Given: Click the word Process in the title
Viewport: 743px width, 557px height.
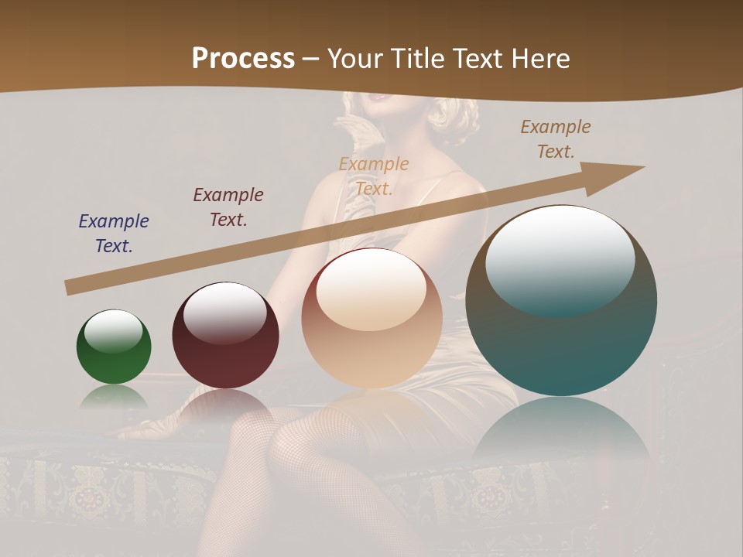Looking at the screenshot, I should point(243,59).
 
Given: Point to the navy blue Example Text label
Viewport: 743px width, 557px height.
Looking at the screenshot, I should point(114,233).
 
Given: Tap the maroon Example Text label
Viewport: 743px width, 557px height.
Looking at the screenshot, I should point(228,207).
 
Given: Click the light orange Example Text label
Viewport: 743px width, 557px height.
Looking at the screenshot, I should point(374,176).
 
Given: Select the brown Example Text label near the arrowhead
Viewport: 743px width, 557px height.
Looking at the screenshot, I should point(556,139).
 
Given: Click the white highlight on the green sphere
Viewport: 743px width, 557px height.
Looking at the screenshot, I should point(114,331).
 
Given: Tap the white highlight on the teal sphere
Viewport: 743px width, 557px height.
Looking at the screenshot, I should point(560,259).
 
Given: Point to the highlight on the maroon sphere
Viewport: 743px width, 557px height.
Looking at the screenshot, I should point(225,312).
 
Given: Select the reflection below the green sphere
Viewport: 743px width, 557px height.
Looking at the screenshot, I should point(114,397).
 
